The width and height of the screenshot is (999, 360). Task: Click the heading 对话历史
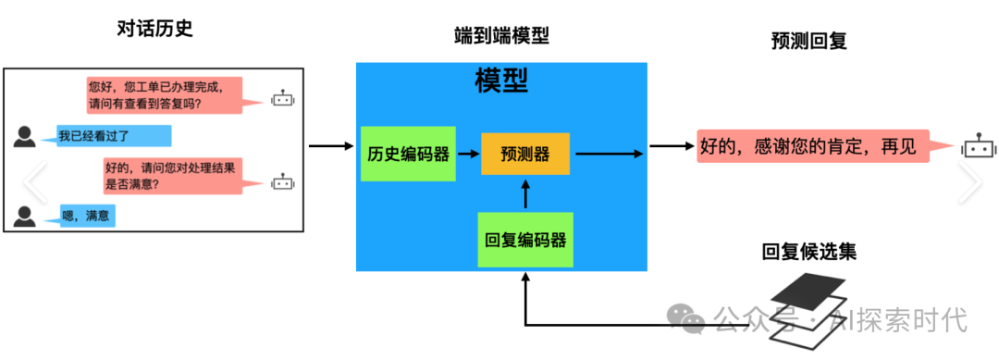(x=154, y=30)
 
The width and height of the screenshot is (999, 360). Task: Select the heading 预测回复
(x=809, y=41)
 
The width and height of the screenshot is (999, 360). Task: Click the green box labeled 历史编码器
(x=408, y=154)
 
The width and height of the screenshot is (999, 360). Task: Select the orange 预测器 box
(x=524, y=153)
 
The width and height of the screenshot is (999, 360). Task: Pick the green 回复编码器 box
(x=525, y=240)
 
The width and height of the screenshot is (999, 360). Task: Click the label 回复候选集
(x=802, y=252)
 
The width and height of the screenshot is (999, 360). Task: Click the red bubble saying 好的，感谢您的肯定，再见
(x=814, y=146)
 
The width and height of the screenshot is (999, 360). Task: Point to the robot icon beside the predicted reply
(x=977, y=145)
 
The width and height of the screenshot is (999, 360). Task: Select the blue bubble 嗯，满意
(x=89, y=217)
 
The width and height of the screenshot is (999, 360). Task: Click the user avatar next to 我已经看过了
(x=25, y=136)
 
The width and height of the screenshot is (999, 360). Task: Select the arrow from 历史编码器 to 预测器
(x=468, y=154)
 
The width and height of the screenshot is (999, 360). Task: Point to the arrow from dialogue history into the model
(x=331, y=145)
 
